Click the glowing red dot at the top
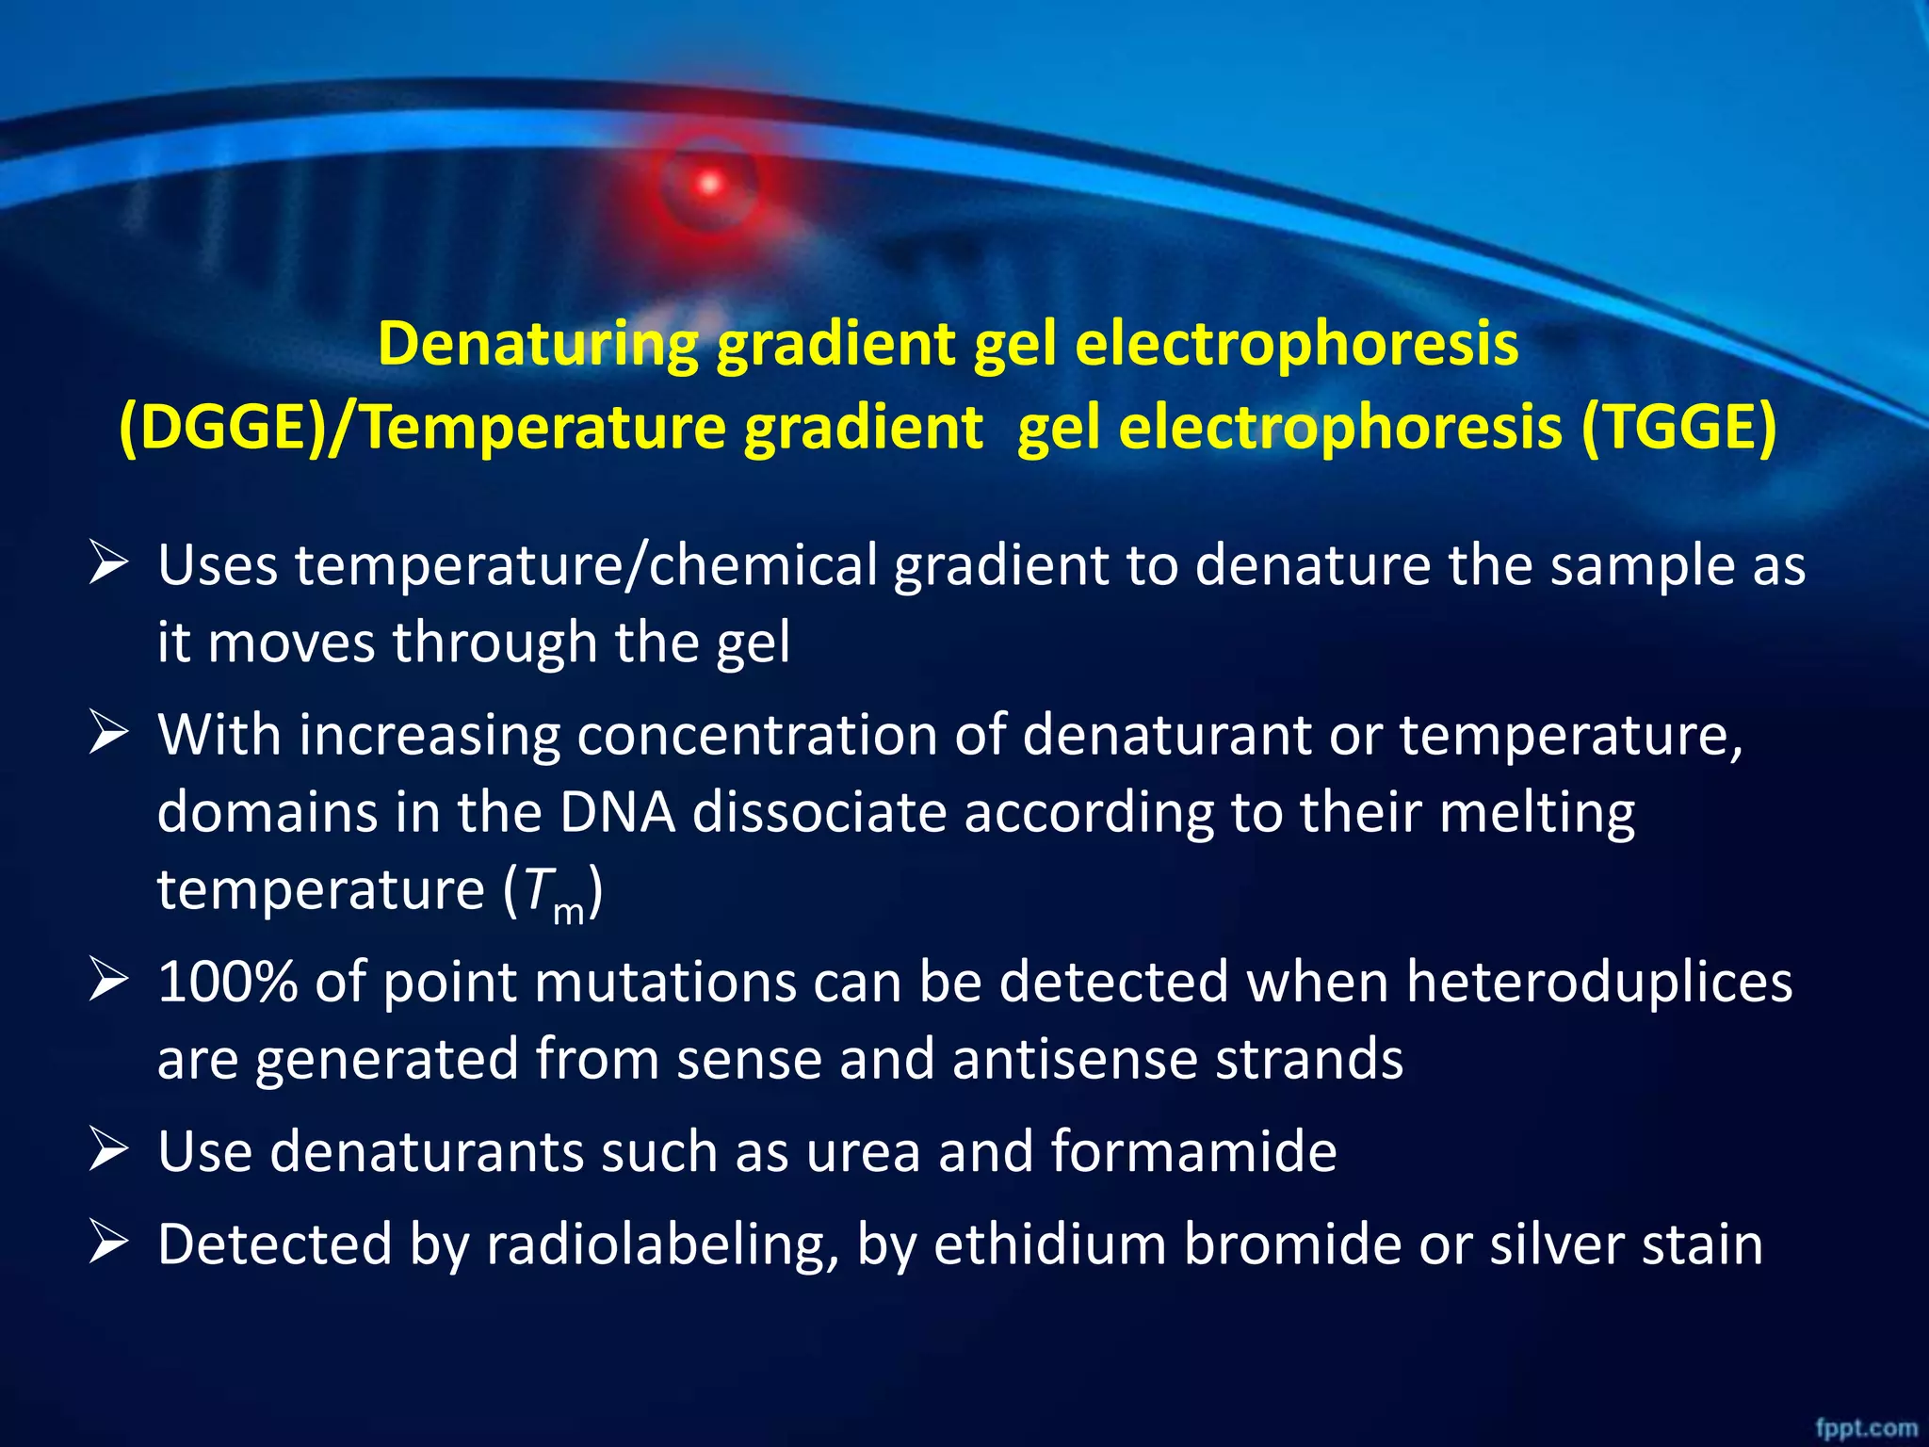(x=710, y=183)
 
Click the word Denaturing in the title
(x=538, y=345)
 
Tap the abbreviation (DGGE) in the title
(x=220, y=428)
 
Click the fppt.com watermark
(x=1866, y=1427)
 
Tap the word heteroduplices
(x=1599, y=982)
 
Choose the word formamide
(x=1193, y=1151)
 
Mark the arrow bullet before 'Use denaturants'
(x=108, y=1151)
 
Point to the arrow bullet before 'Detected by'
(x=108, y=1244)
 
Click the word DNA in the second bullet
(x=618, y=812)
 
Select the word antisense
(x=1075, y=1059)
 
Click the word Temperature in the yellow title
(x=545, y=428)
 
